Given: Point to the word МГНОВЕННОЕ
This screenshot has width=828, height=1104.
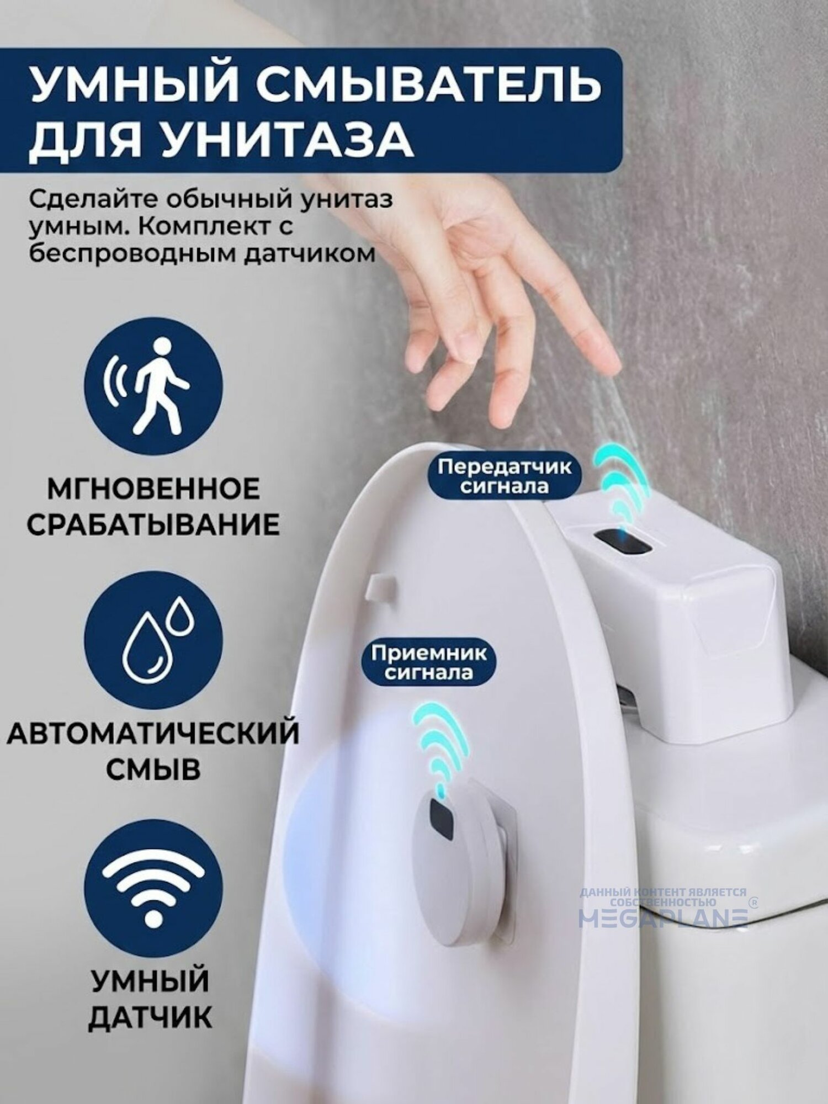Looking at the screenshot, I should (x=153, y=490).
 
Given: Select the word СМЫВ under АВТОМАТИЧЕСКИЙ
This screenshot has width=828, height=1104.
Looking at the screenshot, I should (x=153, y=769).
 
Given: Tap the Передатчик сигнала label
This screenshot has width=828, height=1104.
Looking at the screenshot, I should (x=505, y=476).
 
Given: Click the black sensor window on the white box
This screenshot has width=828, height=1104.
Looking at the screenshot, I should (x=625, y=543).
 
